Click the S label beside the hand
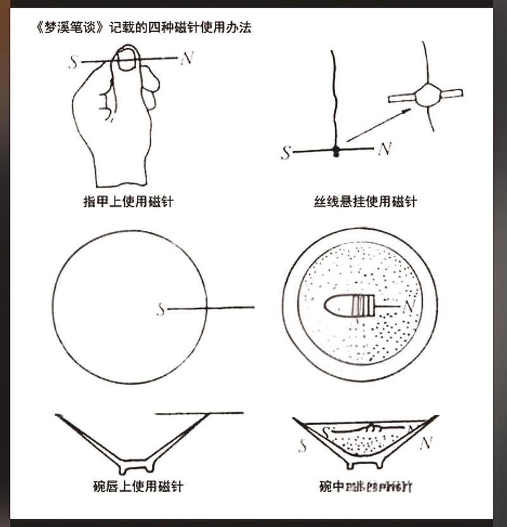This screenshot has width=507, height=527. [74, 62]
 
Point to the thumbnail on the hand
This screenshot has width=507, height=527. [127, 61]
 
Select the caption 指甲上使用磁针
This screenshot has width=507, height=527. [128, 202]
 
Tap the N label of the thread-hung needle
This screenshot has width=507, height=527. [384, 150]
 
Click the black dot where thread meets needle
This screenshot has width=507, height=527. [337, 150]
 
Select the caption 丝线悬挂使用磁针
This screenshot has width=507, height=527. [366, 202]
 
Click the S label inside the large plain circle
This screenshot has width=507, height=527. [161, 309]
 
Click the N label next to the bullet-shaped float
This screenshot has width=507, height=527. [409, 307]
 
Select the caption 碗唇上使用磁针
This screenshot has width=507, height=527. [138, 486]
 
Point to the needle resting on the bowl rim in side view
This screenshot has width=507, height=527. [199, 413]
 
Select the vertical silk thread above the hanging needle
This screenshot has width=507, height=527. [332, 95]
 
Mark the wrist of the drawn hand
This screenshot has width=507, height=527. [120, 171]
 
